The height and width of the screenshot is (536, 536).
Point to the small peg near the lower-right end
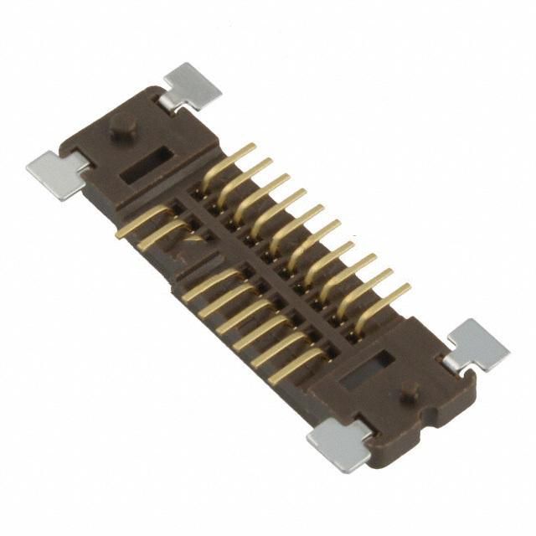[410, 390]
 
